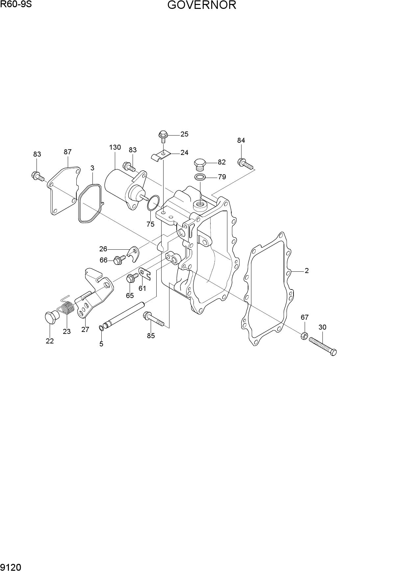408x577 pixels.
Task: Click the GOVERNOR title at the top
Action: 202,5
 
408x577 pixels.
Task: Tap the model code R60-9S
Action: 16,4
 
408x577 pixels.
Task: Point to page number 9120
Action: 11,567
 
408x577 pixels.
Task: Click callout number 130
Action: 115,147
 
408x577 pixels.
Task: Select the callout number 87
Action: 67,152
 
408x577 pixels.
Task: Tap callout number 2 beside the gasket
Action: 307,271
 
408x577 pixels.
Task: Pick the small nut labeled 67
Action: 304,336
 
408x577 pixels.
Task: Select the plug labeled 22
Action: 51,317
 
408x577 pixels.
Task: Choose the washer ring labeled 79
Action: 200,177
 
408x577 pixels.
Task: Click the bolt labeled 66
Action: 119,260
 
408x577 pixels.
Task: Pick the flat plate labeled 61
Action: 144,274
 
